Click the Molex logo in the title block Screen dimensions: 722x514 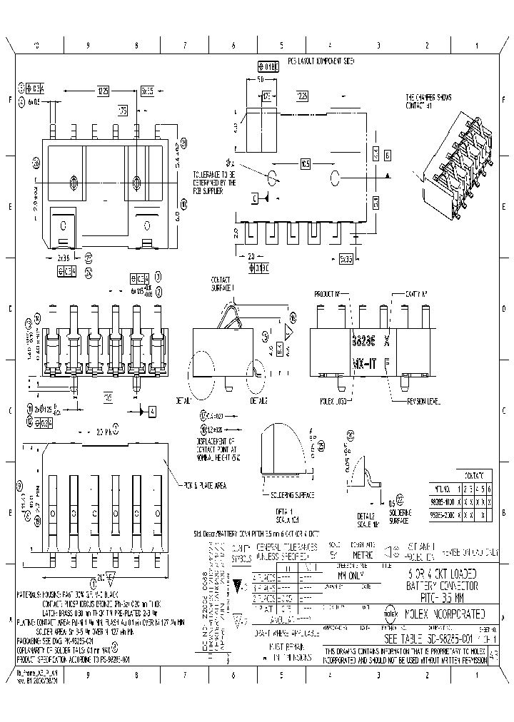tap(391, 612)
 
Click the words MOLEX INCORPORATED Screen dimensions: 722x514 tap(445, 613)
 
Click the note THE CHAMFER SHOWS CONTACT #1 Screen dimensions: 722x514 tap(429, 101)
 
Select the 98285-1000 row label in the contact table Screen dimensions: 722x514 tap(439, 502)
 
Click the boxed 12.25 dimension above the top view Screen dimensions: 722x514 tap(104, 91)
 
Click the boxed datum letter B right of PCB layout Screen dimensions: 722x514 tap(386, 155)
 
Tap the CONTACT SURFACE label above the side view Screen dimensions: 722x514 tap(223, 283)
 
